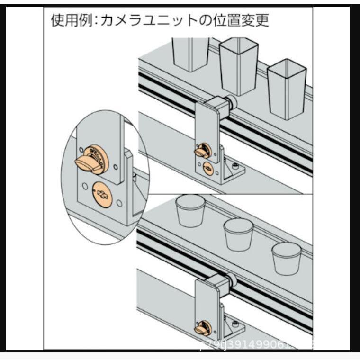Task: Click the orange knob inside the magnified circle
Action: coord(90,161)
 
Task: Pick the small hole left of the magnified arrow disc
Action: coord(84,186)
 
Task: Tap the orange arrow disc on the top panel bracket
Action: coord(207,168)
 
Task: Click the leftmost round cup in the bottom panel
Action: coord(190,211)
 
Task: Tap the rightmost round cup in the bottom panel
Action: coord(287,258)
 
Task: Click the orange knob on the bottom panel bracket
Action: coord(202,329)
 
